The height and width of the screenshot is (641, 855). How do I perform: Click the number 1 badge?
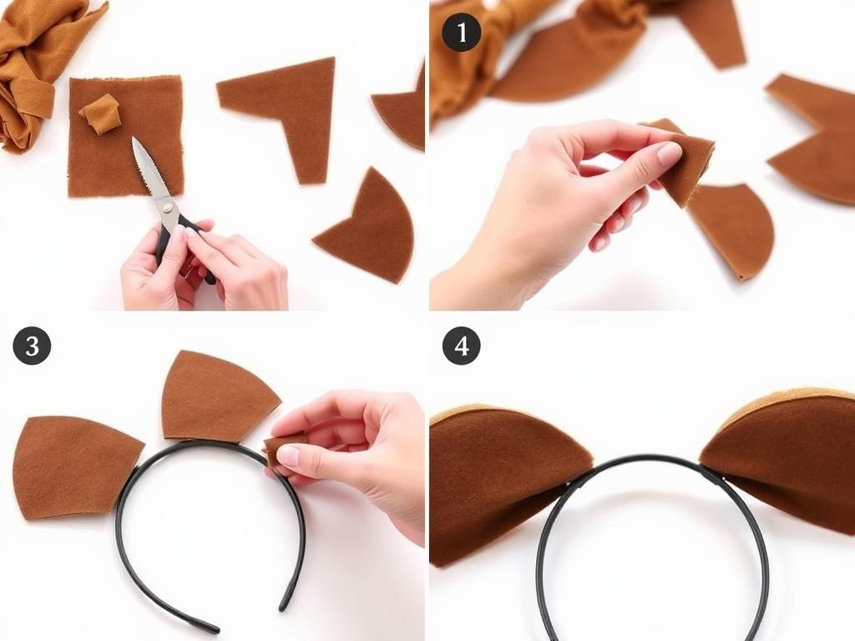461,33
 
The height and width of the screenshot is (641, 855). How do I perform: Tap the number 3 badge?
33,346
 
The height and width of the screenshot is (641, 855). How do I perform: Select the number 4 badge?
461,346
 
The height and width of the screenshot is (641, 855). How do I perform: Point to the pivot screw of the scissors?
167,207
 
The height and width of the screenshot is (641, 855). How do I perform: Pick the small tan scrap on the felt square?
100,113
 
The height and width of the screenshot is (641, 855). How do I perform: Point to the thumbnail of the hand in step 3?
289,455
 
